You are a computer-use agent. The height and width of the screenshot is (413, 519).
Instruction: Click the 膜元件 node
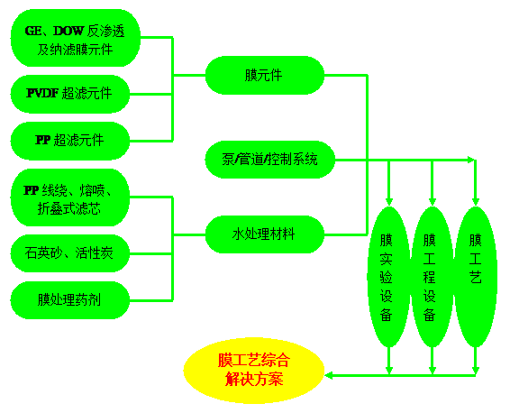[x=265, y=75]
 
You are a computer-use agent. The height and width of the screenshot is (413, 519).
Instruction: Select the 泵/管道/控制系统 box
[x=269, y=160]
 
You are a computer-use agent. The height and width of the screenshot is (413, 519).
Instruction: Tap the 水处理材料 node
[x=265, y=234]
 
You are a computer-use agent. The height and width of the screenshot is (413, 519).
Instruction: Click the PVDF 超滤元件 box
[x=70, y=94]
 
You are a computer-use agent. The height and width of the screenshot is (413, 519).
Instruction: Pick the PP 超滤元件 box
[x=70, y=141]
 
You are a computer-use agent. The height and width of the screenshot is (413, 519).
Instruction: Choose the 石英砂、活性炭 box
[x=70, y=253]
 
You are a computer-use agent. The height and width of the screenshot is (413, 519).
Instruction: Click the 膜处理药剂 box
[x=70, y=300]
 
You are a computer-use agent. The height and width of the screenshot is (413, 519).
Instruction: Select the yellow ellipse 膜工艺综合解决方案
[x=254, y=371]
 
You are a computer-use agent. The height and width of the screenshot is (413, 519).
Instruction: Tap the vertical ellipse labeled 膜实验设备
[x=389, y=277]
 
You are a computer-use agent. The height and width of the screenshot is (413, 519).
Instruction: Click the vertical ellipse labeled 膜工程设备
[x=432, y=277]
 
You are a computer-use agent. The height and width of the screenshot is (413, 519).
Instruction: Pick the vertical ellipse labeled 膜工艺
[x=476, y=277]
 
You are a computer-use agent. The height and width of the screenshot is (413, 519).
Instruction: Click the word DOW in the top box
[x=68, y=31]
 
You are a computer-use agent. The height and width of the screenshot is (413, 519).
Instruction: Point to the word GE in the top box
[x=33, y=31]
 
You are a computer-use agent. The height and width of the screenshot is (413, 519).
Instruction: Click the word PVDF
[x=42, y=93]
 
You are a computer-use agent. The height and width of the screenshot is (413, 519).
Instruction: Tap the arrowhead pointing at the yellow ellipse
[x=328, y=375]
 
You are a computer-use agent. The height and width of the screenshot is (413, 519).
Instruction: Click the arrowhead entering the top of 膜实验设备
[x=389, y=202]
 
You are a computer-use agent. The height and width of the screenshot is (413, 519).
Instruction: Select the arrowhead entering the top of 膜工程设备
[x=432, y=202]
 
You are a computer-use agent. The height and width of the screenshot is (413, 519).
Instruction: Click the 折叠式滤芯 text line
[x=69, y=209]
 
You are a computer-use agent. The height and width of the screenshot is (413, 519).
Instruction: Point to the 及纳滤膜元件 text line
[x=75, y=50]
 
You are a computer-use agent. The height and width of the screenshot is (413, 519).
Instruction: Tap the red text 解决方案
[x=254, y=379]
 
